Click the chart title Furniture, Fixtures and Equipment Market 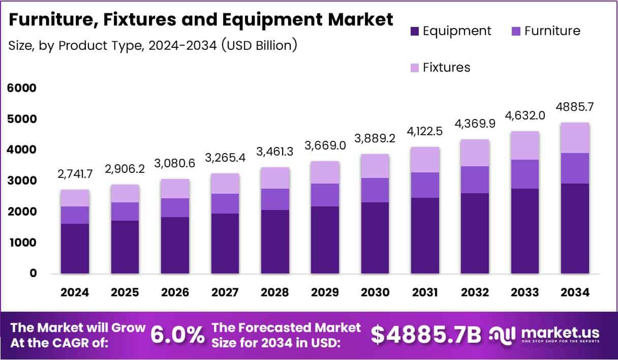point(201,20)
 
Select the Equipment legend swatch point(414,31)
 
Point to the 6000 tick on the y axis point(21,88)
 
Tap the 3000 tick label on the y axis point(21,181)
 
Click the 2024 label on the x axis point(75,292)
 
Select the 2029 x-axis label point(325,292)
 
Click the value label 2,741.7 point(75,174)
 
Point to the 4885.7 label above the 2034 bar point(575,107)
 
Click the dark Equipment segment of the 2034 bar point(575,229)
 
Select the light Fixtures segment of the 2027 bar point(225,184)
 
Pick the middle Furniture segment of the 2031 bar point(425,185)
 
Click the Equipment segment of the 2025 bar point(125,247)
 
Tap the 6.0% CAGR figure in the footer point(177,335)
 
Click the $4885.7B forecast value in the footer point(425,335)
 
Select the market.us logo point(544,335)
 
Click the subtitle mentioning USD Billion point(152,45)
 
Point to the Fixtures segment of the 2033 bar point(525,145)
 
